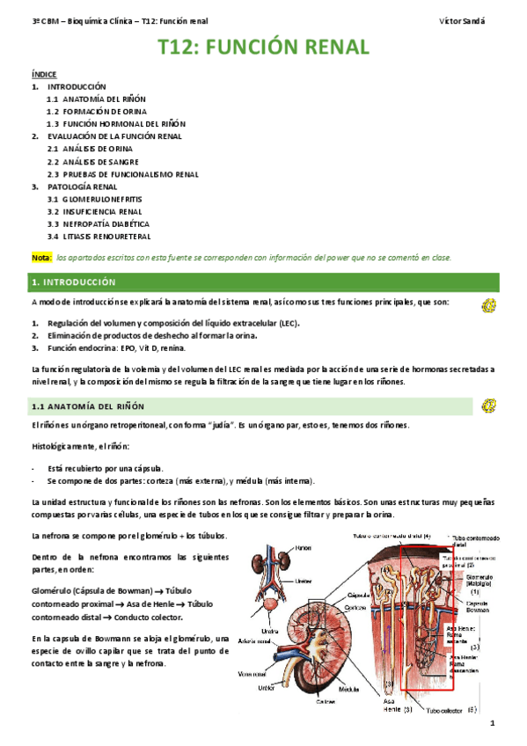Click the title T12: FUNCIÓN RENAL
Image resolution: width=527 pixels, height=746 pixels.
click(x=263, y=47)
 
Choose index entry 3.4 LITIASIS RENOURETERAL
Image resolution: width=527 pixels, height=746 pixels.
click(x=99, y=237)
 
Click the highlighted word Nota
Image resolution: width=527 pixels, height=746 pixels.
click(x=41, y=257)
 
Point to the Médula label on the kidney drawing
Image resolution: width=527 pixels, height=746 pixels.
click(x=348, y=689)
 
